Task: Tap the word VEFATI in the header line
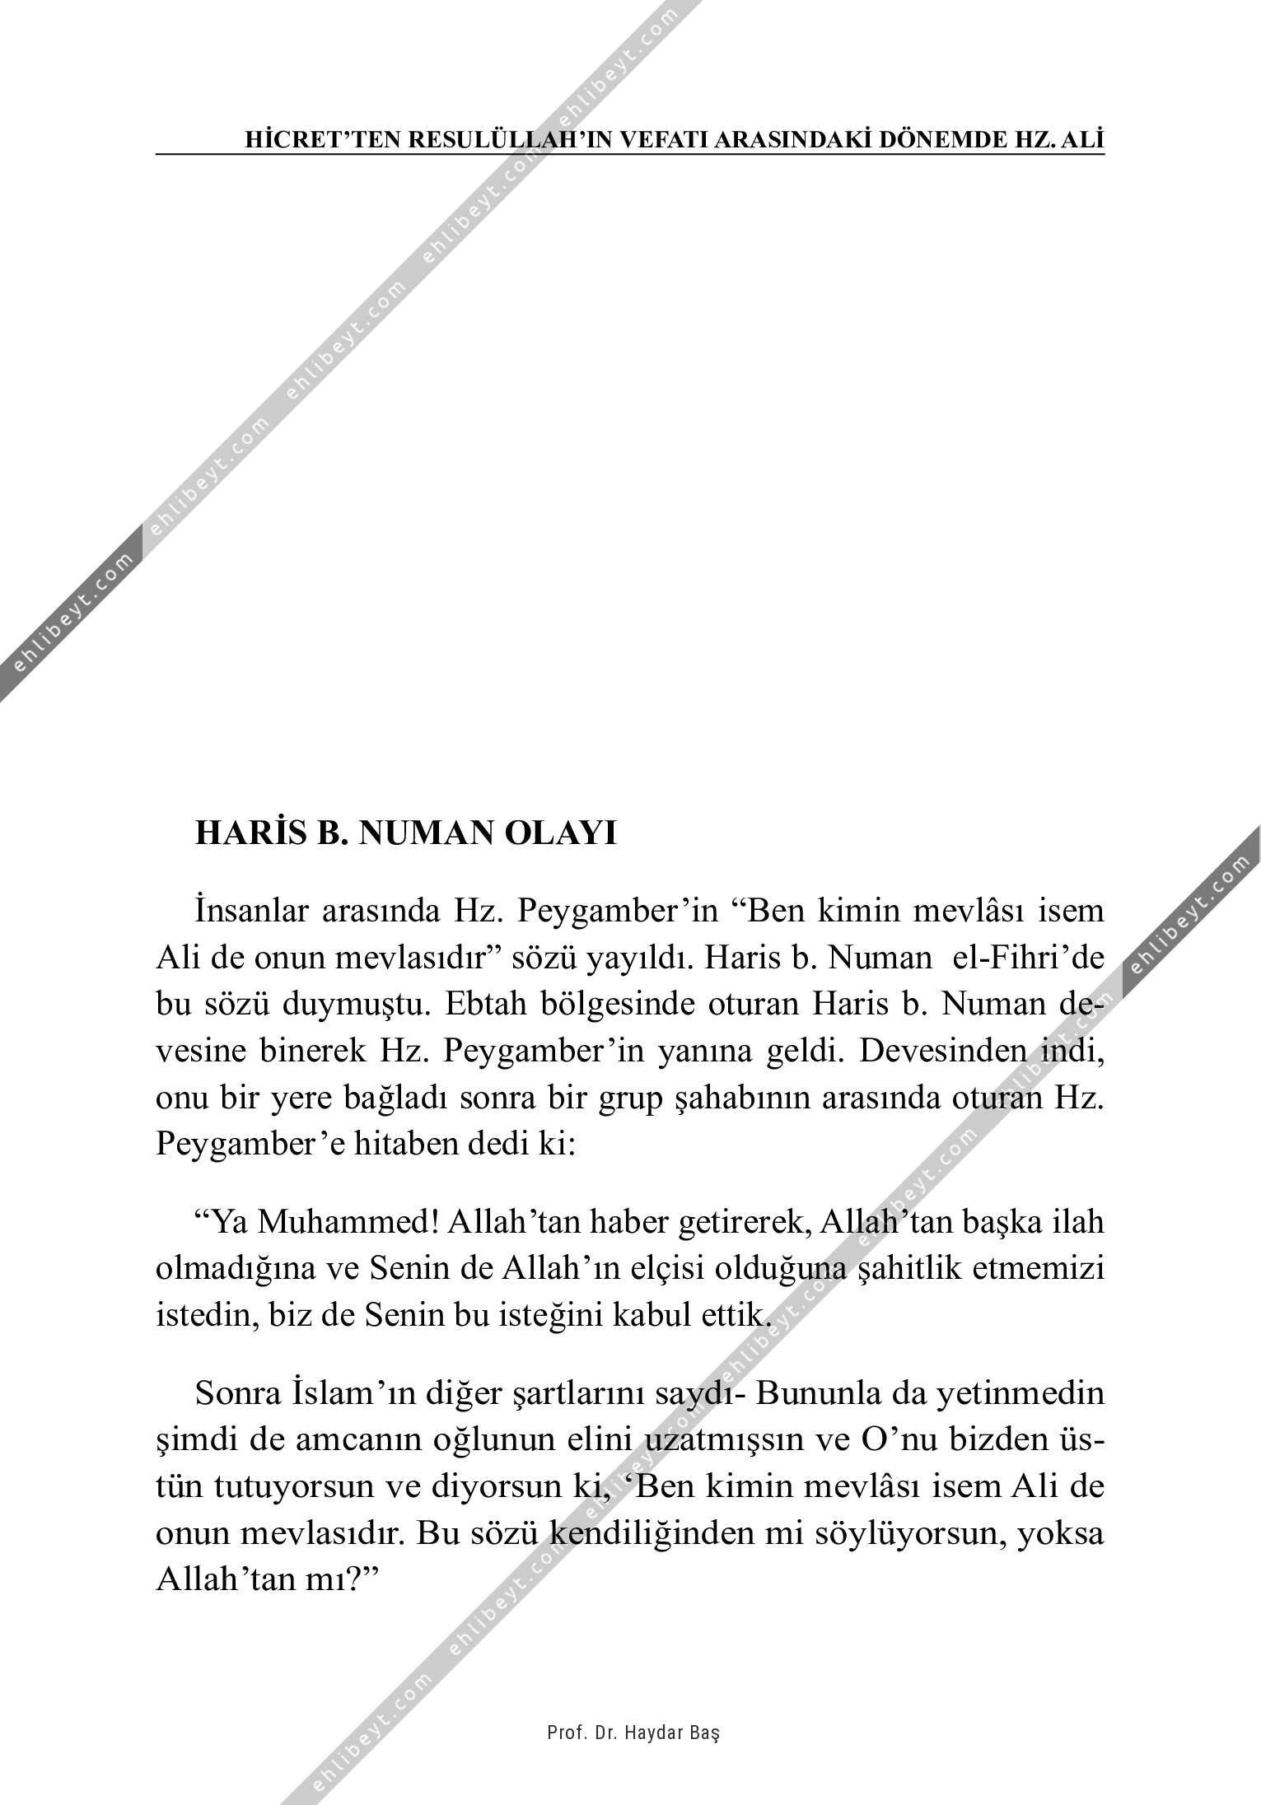click(660, 140)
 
